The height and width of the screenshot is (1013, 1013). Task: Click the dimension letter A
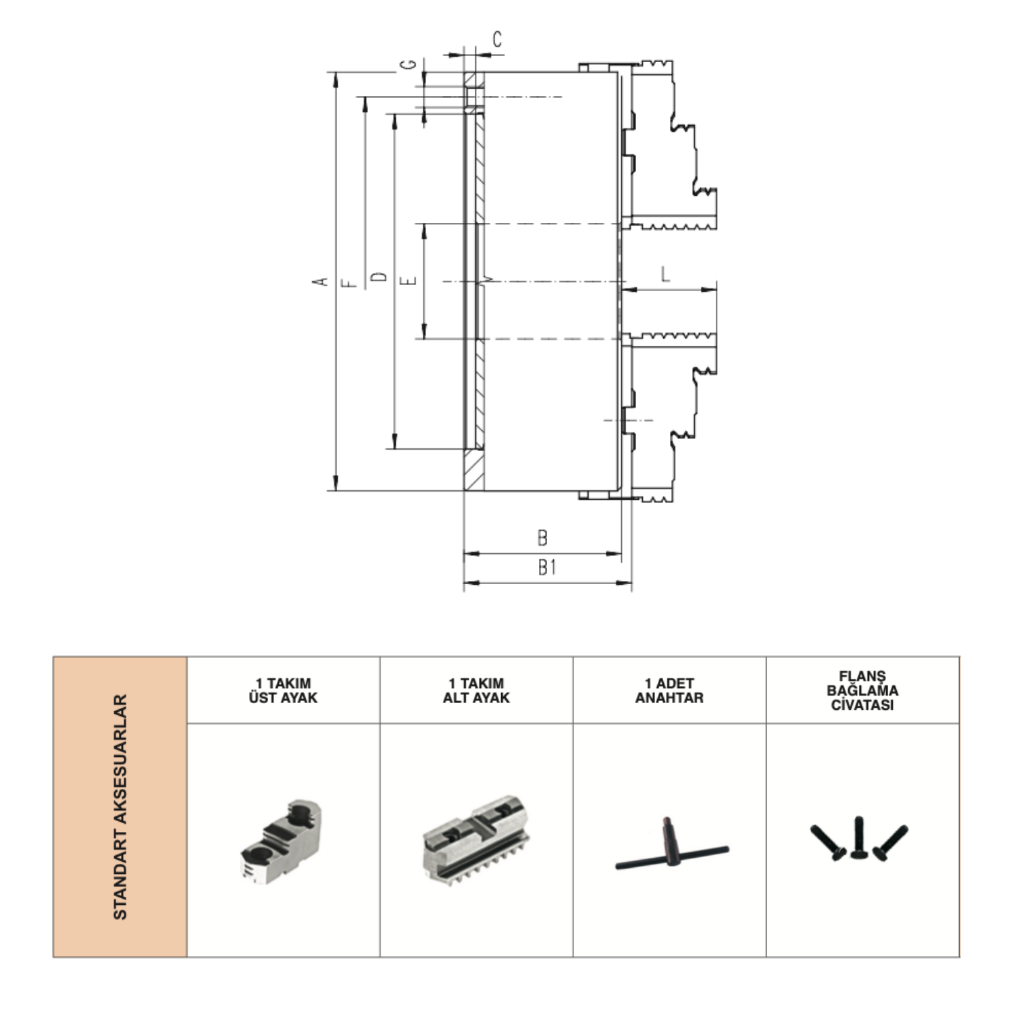pos(323,281)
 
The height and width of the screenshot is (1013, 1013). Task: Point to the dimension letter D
pos(380,277)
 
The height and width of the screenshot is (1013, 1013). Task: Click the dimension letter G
pos(408,64)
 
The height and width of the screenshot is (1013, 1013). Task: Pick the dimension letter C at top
pos(498,40)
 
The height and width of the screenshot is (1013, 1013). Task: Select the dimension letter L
pos(666,274)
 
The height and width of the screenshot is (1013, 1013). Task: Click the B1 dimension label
pos(547,568)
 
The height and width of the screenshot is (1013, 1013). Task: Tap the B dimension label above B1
pos(542,538)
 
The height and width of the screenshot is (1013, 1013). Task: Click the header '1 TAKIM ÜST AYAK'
pos(283,690)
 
